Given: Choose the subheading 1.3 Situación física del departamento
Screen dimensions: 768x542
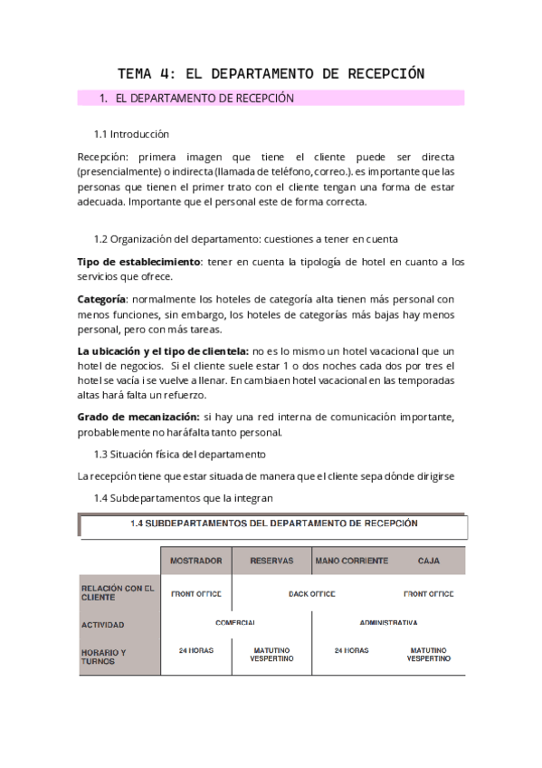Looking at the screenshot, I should [180, 453].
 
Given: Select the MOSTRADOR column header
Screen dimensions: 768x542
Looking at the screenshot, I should [196, 561].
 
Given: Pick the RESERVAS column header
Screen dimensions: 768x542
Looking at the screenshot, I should [271, 561].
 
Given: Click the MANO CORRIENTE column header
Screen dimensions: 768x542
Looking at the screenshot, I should [351, 561].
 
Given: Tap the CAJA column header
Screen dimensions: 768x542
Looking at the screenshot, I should [429, 561].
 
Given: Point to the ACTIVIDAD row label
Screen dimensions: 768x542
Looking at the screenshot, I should [102, 624].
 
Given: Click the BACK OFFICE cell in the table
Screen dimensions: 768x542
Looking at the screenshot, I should [311, 594].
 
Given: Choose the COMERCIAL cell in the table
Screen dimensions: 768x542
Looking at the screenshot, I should [235, 623].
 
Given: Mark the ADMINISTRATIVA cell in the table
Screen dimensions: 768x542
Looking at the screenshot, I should [388, 623].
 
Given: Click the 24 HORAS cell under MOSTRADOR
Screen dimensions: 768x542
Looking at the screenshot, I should [196, 650].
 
